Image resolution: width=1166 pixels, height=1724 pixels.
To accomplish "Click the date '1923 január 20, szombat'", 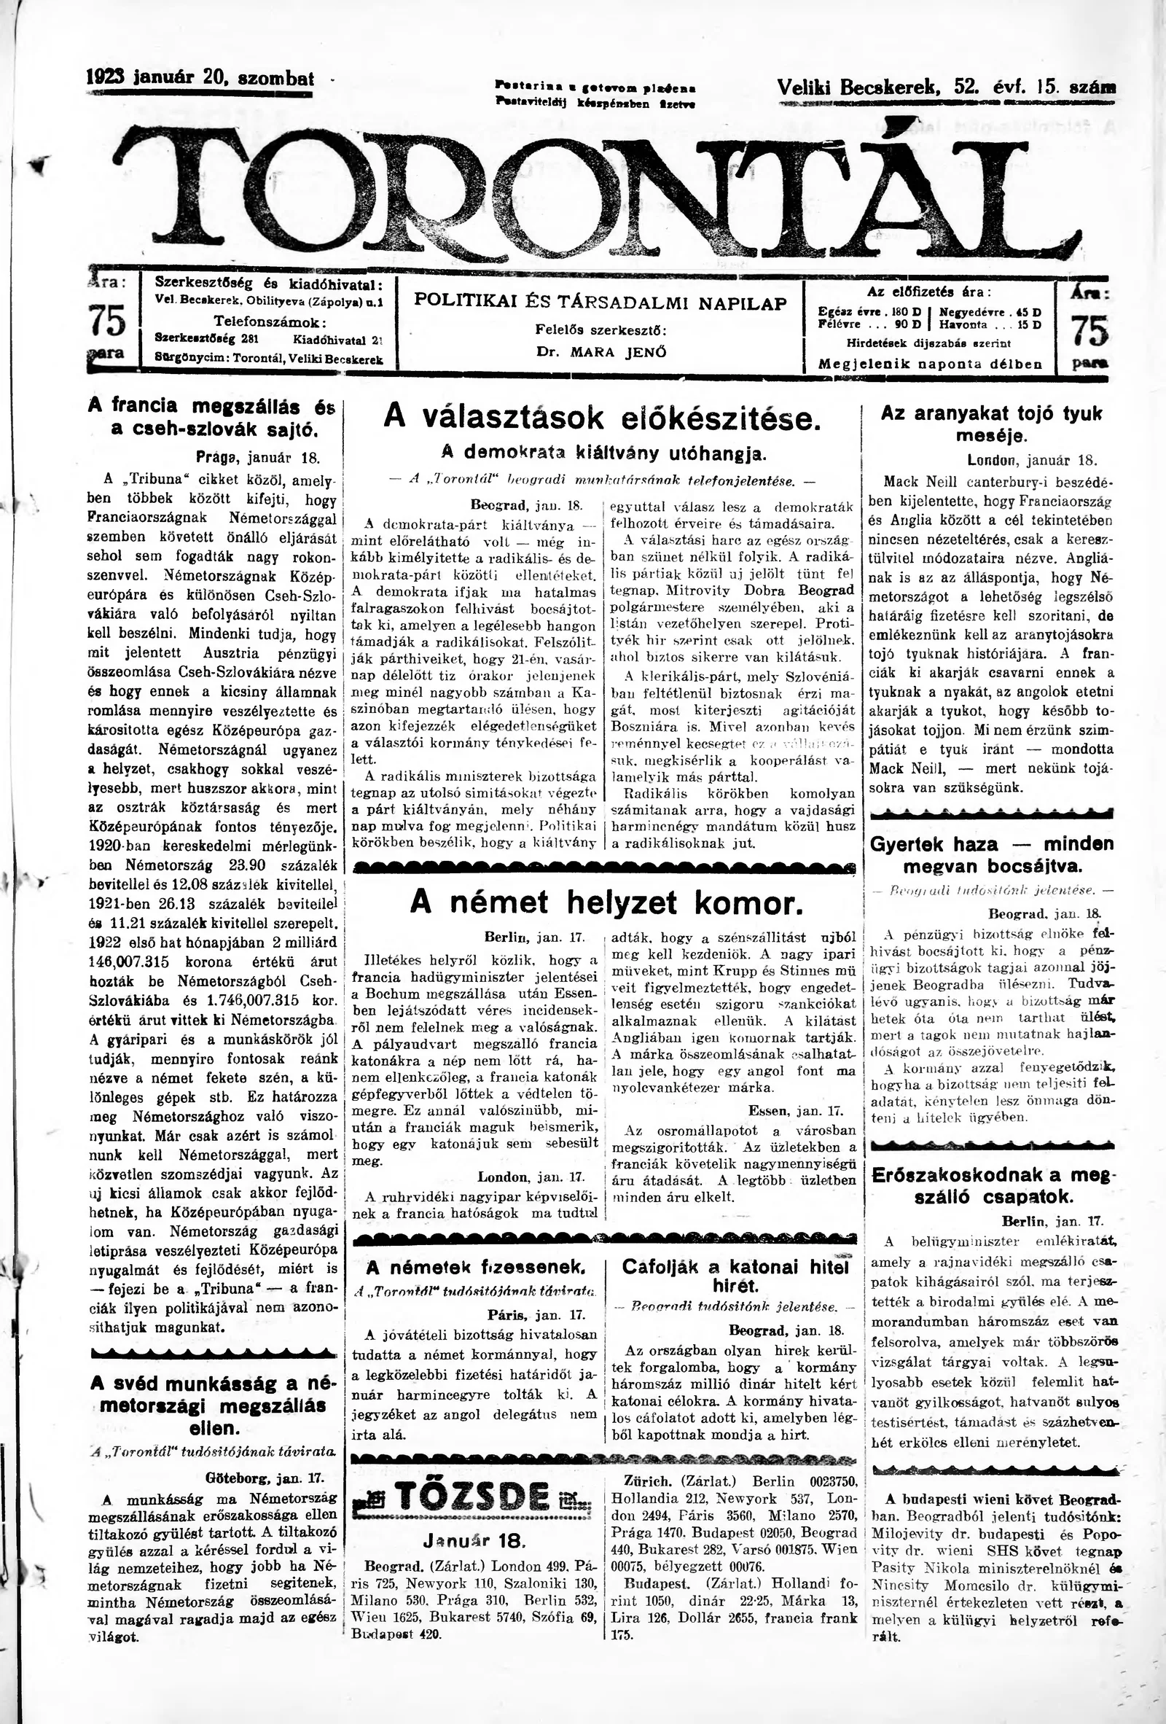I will pyautogui.click(x=200, y=79).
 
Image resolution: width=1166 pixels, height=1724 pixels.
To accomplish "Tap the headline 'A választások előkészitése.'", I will pyautogui.click(x=602, y=420).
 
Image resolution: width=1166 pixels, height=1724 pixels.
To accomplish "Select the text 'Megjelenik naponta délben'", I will pyautogui.click(x=929, y=364).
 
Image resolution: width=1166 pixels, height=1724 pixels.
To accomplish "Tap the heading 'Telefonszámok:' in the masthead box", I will pyautogui.click(x=270, y=323).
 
